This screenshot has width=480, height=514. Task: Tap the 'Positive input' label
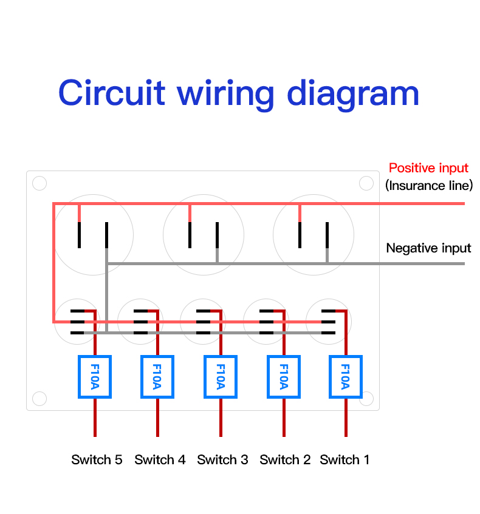pos(428,167)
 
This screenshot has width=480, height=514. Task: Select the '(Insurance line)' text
pos(428,185)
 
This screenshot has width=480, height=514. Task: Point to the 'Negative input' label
pos(428,248)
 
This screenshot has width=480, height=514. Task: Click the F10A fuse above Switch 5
pos(95,377)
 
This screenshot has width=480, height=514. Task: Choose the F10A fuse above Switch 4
pos(157,377)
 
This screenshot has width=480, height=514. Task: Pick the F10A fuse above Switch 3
pos(220,377)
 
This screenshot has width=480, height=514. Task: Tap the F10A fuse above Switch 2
pos(283,377)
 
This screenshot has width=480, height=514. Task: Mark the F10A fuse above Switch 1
pos(346,377)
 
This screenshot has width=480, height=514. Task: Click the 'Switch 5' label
pos(97,459)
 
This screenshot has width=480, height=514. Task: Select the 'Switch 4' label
pos(160,459)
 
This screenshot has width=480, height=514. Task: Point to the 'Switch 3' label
pos(222,459)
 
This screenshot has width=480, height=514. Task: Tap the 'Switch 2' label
pos(285,459)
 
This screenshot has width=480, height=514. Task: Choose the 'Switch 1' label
pos(345,459)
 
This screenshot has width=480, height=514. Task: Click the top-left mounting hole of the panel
pos(39,183)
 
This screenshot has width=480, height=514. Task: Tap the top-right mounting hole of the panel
pos(366,183)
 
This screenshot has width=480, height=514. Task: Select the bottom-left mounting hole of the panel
pos(39,398)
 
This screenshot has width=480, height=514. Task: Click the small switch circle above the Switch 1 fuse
pos(329,322)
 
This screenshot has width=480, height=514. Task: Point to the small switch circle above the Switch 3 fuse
pos(204,322)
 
